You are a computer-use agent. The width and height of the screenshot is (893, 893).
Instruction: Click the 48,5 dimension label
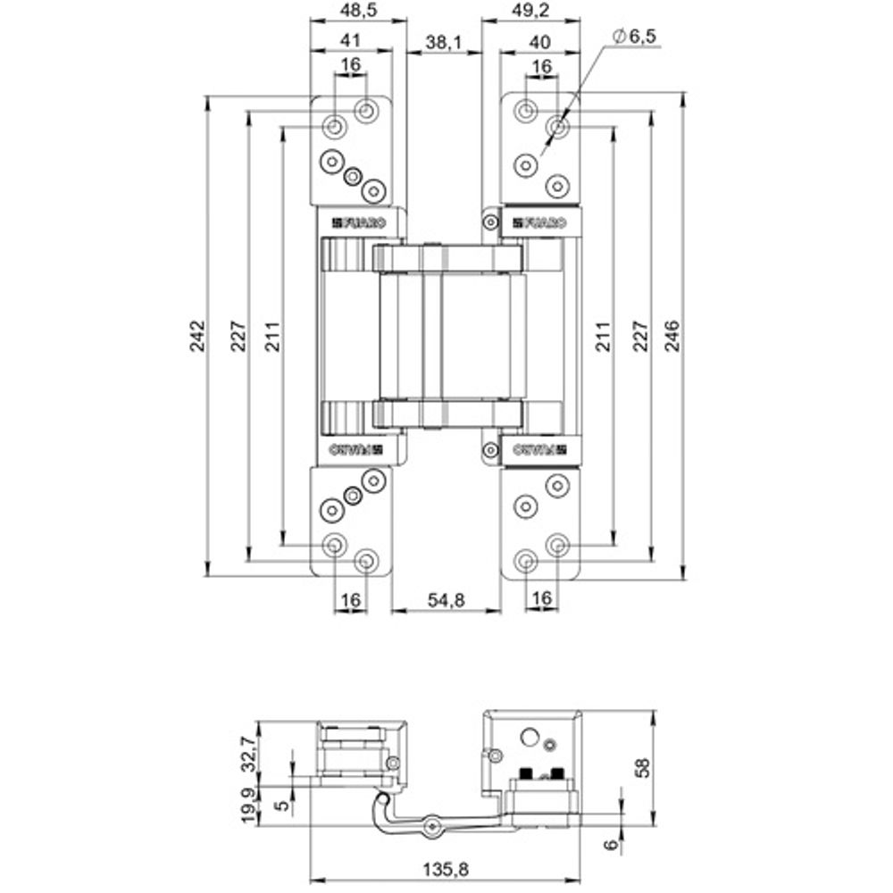click(357, 12)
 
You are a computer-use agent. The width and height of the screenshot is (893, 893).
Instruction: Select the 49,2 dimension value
click(530, 12)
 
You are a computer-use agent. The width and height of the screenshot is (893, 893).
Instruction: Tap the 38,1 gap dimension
click(443, 42)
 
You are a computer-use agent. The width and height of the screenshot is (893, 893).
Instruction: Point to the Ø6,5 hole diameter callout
click(636, 36)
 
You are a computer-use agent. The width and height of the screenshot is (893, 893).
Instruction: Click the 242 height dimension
click(198, 335)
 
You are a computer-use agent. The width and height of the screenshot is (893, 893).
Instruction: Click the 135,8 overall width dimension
click(444, 866)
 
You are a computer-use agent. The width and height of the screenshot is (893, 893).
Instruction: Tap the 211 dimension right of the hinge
click(604, 335)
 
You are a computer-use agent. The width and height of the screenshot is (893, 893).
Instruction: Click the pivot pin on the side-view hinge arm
click(432, 826)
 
